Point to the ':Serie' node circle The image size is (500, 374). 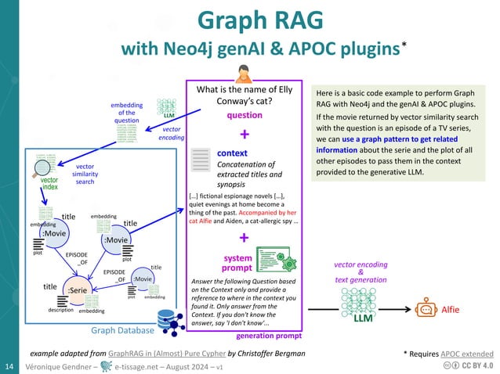click(x=76, y=290)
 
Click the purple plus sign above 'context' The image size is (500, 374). click(x=244, y=134)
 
